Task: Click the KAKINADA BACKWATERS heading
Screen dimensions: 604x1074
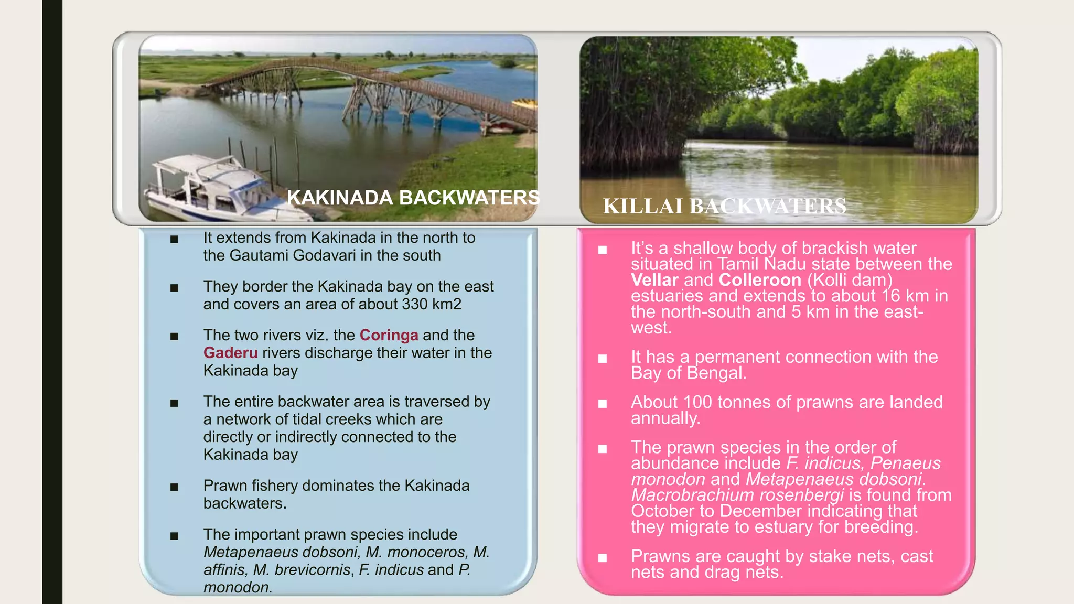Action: coord(413,198)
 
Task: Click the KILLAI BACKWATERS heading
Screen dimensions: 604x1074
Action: coord(724,206)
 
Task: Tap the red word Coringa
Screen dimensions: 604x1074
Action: coord(389,335)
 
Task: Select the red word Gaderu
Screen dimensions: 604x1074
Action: coord(230,353)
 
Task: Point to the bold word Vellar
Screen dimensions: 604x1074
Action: coord(654,280)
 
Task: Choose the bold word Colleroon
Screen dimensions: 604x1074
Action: coord(760,280)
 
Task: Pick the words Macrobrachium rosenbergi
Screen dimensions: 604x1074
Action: coord(737,495)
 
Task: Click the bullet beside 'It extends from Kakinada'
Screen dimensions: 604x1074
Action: coord(174,240)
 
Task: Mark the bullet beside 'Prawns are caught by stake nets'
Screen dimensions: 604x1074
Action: coord(603,558)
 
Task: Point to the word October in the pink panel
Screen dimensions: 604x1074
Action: coord(664,511)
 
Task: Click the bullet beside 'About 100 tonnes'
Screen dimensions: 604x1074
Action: coord(603,404)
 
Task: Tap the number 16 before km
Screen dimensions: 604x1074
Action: coord(890,296)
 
